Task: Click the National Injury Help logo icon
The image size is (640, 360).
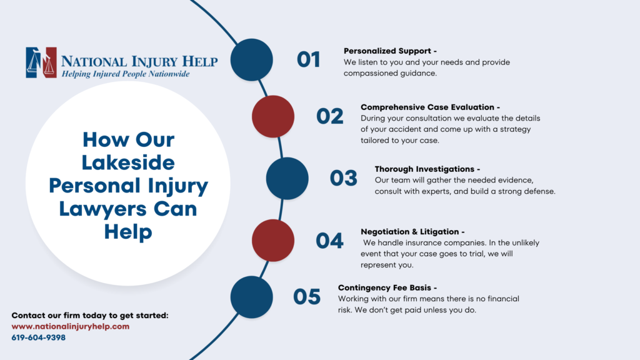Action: coord(41,62)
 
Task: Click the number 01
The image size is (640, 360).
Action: coord(308,60)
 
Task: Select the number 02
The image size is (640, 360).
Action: coord(330,117)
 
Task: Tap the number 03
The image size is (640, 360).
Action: coord(343,178)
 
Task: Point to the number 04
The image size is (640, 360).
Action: coord(329,241)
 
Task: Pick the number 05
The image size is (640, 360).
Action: coord(307,297)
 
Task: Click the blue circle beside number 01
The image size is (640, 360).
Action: coord(252,60)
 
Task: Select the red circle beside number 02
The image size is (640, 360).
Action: coord(273,117)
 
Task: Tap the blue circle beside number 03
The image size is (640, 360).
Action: coord(287,178)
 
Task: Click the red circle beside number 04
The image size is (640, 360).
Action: coord(273,241)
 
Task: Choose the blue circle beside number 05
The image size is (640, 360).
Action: coord(252,297)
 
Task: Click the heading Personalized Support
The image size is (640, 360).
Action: coord(386,51)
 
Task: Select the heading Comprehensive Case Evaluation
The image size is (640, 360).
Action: coord(430,107)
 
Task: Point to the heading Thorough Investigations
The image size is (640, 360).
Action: coord(427,169)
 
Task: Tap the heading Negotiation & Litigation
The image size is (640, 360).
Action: coord(412,231)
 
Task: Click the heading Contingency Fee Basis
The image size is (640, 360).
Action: coord(387,287)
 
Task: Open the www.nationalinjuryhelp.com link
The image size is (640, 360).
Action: coord(71,326)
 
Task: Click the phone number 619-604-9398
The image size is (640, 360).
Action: coord(39,337)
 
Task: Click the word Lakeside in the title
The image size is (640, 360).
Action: coord(129,162)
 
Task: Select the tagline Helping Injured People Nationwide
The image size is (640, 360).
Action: coord(125,74)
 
